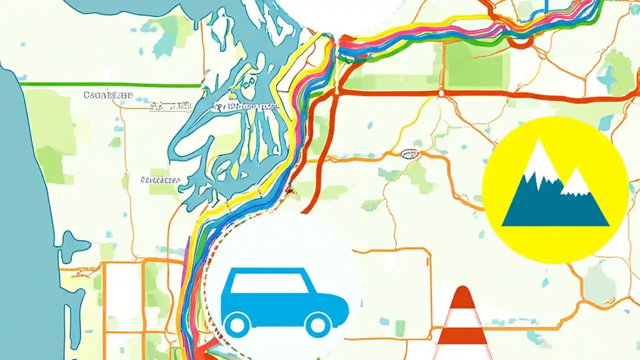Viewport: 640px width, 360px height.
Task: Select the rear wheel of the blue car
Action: [x=237, y=325]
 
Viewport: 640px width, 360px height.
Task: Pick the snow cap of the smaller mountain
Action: [x=575, y=183]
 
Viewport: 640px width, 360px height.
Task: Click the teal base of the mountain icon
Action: [x=555, y=210]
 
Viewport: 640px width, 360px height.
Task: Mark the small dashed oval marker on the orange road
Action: [x=410, y=154]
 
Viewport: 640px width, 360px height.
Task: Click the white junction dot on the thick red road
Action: [x=440, y=93]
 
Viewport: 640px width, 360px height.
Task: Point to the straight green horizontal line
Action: [x=110, y=85]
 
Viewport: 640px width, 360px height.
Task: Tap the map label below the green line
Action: [x=107, y=94]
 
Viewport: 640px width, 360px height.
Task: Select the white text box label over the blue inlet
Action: [x=245, y=106]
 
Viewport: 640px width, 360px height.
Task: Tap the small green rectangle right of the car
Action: [x=400, y=328]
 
